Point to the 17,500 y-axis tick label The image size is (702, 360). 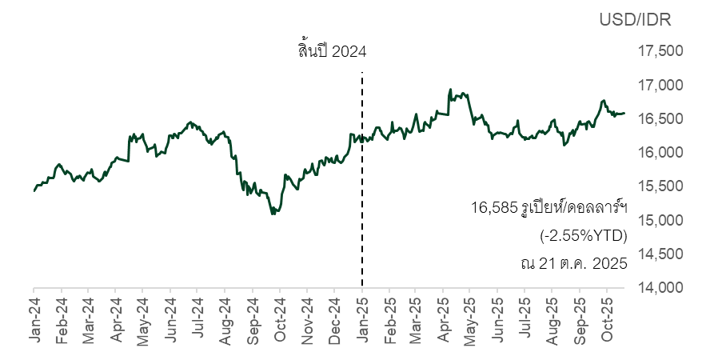click(x=639, y=52)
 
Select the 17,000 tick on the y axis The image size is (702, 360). click(x=639, y=86)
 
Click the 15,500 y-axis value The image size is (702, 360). click(x=639, y=186)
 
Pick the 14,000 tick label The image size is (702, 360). click(x=639, y=287)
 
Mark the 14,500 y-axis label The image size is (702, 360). click(x=639, y=254)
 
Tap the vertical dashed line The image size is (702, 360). click(x=362, y=200)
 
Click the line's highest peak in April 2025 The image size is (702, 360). click(x=451, y=90)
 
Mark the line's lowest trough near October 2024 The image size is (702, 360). click(x=273, y=214)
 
